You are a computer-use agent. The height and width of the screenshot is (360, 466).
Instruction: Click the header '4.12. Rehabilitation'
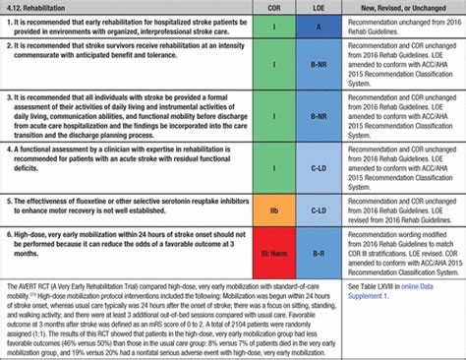43,8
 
